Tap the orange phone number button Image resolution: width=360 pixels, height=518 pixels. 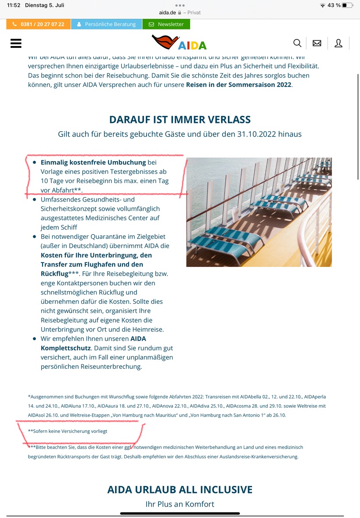(38, 24)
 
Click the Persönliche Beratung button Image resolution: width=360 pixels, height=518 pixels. (106, 24)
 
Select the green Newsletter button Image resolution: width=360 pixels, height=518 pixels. (166, 24)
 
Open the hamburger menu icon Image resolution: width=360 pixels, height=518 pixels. (16, 43)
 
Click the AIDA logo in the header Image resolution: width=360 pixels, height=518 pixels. (179, 43)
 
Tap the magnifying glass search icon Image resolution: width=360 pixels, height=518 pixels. (297, 43)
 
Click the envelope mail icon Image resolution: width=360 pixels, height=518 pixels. (317, 43)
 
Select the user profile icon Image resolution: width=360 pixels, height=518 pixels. (338, 43)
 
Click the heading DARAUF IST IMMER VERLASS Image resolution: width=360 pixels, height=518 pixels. (180, 119)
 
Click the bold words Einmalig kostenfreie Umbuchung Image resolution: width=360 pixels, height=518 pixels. (93, 162)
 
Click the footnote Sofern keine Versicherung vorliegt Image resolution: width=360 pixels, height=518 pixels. (68, 431)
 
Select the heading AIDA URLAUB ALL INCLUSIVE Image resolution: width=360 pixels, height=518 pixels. (180, 489)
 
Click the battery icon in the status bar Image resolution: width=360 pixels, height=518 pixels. (348, 5)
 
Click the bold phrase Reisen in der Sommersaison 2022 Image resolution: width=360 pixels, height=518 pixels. (238, 84)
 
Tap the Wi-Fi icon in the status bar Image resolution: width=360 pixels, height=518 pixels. (323, 5)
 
